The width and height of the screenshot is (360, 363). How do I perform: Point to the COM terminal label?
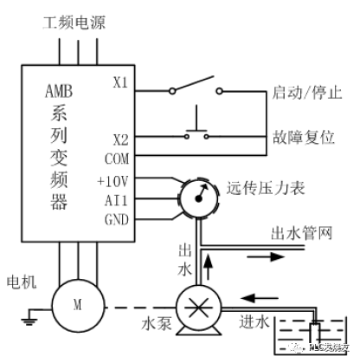pyautogui.click(x=116, y=159)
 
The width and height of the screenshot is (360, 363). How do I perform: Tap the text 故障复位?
pyautogui.click(x=297, y=138)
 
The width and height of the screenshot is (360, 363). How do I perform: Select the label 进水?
pyautogui.click(x=252, y=320)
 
